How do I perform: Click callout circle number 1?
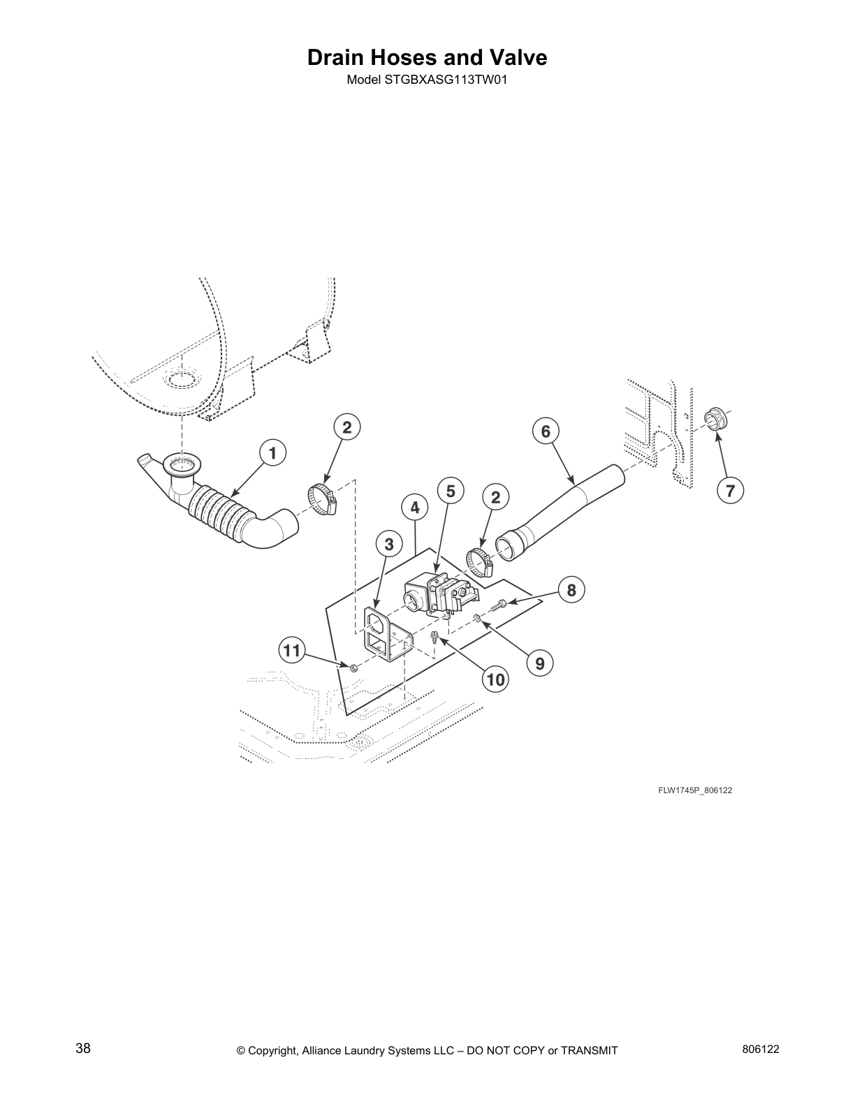[x=272, y=453]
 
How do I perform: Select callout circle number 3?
[x=389, y=543]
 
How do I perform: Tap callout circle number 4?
[x=415, y=508]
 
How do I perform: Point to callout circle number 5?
[x=451, y=491]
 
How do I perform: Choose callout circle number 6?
[x=546, y=431]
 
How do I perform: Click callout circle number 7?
[x=730, y=491]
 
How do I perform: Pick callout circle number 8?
[x=571, y=590]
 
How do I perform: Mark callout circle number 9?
[x=540, y=662]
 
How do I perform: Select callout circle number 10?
[x=495, y=679]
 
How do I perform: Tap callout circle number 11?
[x=291, y=651]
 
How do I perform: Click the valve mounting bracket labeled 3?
[x=381, y=633]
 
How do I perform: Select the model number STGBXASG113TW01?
[x=445, y=80]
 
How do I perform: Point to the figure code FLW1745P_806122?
[x=694, y=790]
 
